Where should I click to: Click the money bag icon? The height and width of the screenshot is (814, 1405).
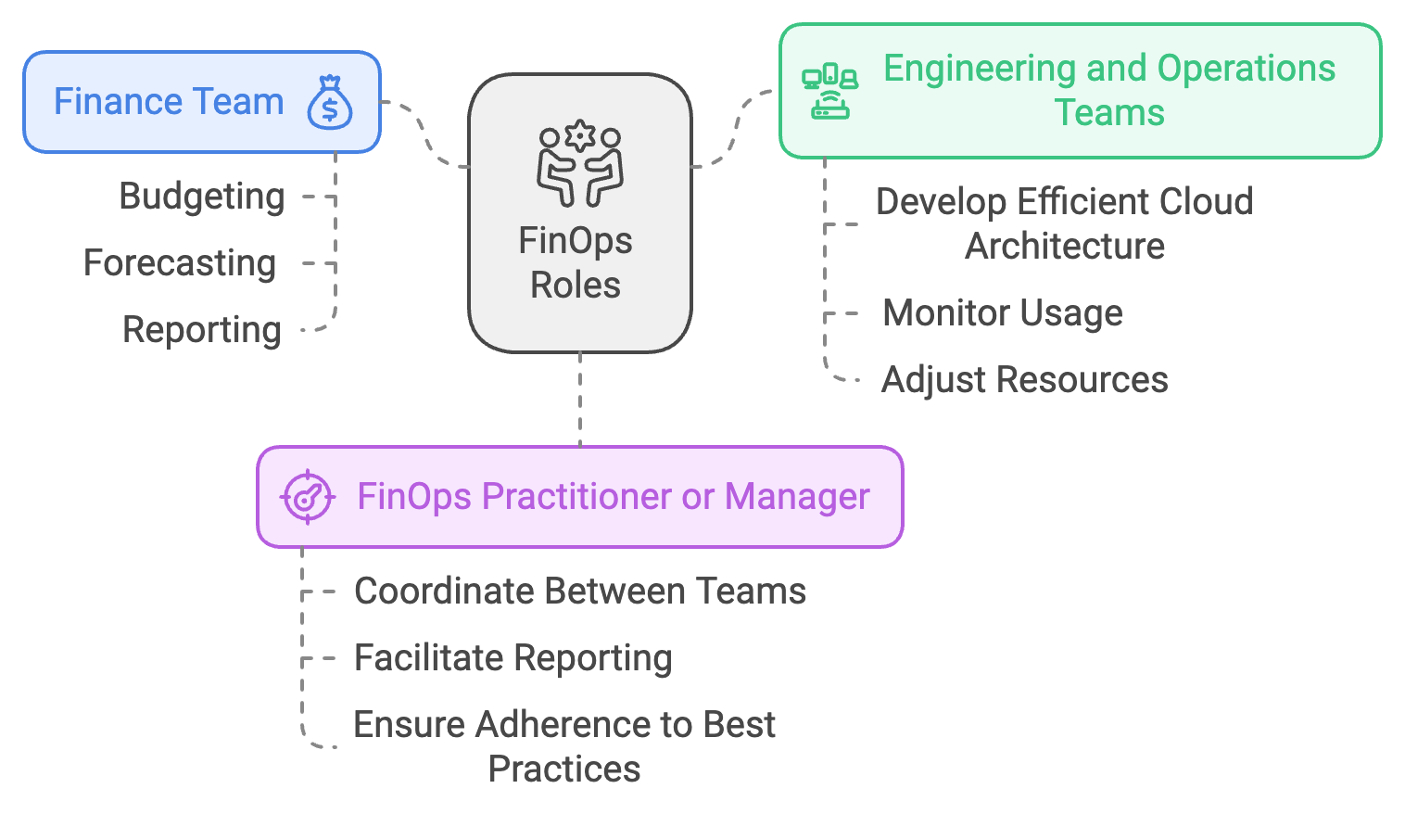click(330, 102)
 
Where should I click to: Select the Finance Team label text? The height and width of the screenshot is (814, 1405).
click(169, 102)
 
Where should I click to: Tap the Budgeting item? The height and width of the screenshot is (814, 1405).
click(202, 197)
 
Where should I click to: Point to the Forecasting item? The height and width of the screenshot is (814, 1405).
click(180, 263)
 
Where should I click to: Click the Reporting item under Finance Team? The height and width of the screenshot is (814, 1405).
click(202, 330)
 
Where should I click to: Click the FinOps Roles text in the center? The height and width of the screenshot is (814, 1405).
click(576, 263)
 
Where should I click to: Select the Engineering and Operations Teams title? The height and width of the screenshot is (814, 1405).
click(1108, 91)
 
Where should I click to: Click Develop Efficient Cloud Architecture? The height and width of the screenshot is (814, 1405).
click(1064, 223)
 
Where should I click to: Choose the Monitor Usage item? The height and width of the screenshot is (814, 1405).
click(1003, 313)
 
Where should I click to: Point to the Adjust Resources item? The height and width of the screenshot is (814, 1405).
click(1024, 380)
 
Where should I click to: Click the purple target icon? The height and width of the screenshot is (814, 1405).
click(307, 497)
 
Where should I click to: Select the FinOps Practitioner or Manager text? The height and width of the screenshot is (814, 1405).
click(614, 497)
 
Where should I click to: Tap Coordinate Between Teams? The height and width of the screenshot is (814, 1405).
click(580, 591)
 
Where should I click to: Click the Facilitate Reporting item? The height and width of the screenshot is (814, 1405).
click(513, 658)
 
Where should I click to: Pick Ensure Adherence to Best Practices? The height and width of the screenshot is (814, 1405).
click(563, 746)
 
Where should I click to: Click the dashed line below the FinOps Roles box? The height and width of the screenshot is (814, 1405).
click(580, 399)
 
